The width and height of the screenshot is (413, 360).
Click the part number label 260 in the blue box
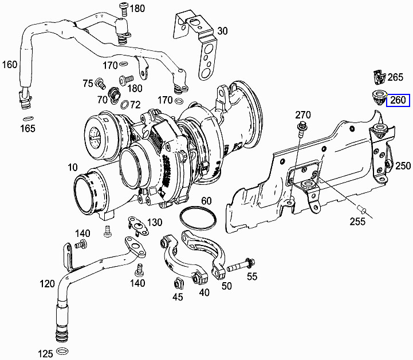[399, 100]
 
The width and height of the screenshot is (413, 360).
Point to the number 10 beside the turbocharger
[72, 167]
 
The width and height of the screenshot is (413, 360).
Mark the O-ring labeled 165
[27, 118]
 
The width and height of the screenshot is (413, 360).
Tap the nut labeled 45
[178, 283]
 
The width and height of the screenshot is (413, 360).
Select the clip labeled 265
[377, 77]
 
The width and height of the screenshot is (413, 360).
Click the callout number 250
[403, 166]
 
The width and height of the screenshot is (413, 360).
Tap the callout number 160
[10, 64]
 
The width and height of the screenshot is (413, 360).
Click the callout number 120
[48, 283]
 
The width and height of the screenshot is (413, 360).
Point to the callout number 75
[87, 84]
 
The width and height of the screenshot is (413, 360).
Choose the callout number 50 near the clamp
[227, 286]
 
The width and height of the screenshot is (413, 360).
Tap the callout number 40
[203, 292]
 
